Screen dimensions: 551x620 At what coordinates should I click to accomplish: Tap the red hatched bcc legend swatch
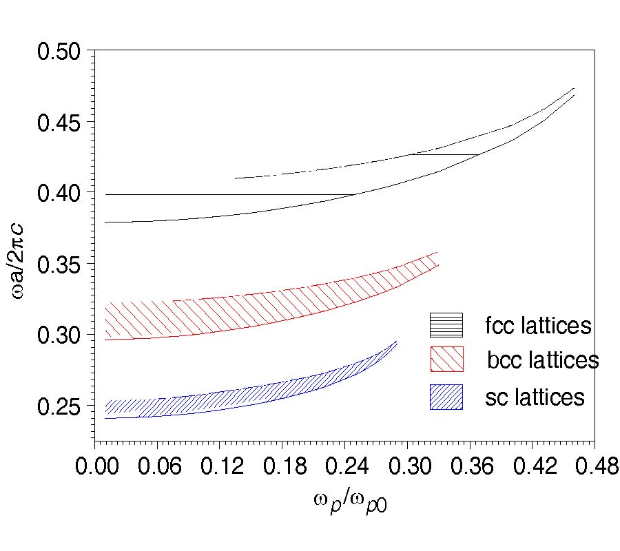point(446,359)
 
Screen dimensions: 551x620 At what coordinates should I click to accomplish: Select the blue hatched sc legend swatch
point(446,397)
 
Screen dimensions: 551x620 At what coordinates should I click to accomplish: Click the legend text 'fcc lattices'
point(538,325)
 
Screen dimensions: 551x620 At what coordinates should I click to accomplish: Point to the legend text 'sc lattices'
point(535,397)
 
